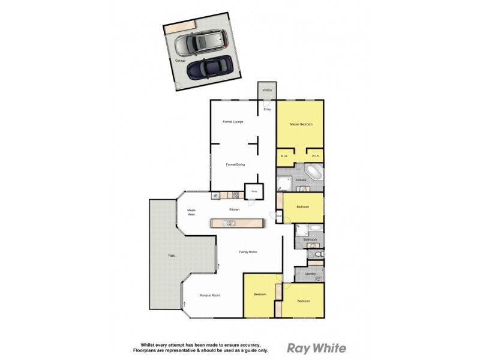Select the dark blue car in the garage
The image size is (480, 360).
click(209, 68)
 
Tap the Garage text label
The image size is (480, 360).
click(180, 61)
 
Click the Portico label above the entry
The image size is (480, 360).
click(267, 91)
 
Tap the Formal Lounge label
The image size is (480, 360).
click(232, 122)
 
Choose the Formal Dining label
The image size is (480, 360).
click(235, 164)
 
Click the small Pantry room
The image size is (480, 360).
click(254, 191)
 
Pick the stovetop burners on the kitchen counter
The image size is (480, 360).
click(235, 195)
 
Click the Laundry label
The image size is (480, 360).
click(310, 274)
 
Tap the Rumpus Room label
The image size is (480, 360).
click(210, 295)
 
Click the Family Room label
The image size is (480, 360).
click(248, 252)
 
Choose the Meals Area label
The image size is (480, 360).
click(191, 212)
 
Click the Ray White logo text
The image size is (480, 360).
click(317, 347)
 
